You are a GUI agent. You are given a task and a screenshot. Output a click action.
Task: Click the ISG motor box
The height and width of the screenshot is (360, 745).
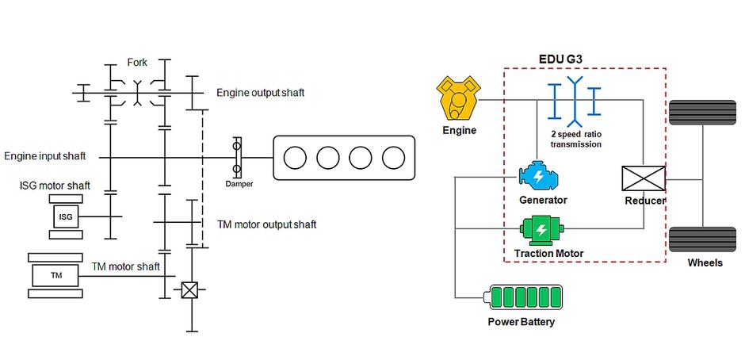(66, 216)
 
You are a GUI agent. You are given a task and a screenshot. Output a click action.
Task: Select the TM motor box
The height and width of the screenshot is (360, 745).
(55, 276)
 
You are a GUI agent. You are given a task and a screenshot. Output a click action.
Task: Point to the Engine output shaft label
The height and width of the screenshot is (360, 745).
(260, 93)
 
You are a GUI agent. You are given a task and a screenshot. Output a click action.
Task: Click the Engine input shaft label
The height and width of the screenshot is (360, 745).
(45, 156)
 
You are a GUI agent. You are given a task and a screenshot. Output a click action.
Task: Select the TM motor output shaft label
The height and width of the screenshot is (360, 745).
(266, 224)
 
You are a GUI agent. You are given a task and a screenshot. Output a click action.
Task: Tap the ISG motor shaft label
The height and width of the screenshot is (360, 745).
(55, 186)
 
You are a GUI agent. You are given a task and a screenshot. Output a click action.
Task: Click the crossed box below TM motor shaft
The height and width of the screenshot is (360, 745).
(189, 290)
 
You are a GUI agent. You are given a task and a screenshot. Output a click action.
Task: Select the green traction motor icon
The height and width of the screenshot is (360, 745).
(542, 230)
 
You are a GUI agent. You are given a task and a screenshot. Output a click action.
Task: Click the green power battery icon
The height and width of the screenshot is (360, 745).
(525, 298)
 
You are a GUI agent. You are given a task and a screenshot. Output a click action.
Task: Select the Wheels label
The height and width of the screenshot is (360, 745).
(705, 262)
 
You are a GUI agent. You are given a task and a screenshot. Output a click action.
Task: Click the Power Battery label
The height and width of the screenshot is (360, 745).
(521, 322)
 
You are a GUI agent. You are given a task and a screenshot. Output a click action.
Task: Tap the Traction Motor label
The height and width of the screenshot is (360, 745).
(548, 254)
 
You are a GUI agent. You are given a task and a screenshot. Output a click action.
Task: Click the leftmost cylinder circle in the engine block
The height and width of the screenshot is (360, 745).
(294, 158)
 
